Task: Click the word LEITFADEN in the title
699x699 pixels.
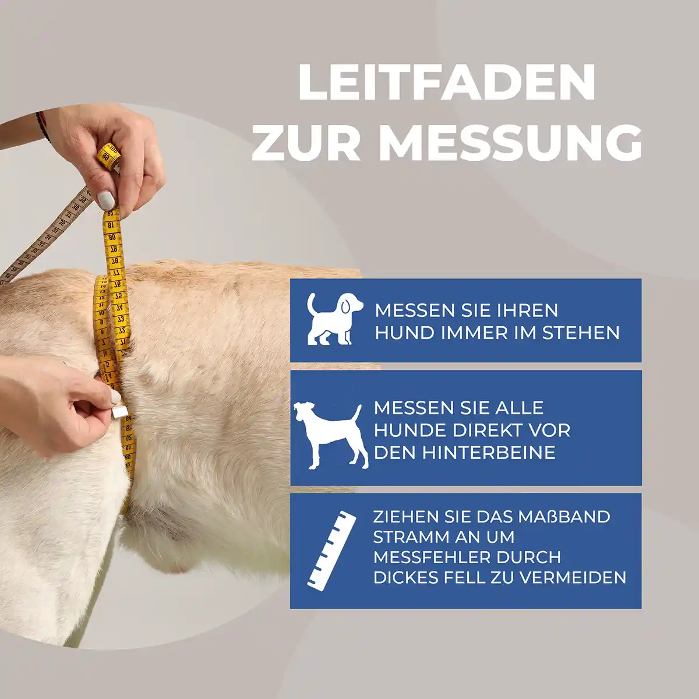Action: tap(447, 83)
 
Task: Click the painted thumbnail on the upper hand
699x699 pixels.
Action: tap(107, 200)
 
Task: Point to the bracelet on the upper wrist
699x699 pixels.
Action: tap(42, 126)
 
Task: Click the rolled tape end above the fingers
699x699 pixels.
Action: tap(108, 157)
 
